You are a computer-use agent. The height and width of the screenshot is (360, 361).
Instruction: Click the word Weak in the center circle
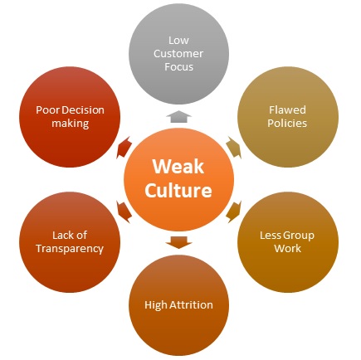[178, 167]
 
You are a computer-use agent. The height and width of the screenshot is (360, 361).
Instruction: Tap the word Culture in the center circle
[178, 190]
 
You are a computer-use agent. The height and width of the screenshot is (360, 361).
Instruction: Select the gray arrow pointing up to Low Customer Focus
[178, 116]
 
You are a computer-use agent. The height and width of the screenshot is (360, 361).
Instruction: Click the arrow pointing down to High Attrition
[178, 242]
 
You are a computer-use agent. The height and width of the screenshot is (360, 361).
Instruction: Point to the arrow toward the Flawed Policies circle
[233, 147]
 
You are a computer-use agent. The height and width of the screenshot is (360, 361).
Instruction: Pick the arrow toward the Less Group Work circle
[233, 212]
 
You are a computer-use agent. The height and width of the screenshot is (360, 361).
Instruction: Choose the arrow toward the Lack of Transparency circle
[124, 212]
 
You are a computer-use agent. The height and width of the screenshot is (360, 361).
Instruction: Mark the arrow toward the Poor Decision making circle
[124, 148]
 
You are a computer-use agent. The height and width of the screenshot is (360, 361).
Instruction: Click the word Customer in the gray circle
[178, 54]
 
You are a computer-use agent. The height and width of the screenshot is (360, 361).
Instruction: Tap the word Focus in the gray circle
[178, 67]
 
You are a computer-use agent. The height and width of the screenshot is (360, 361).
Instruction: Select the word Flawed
[287, 110]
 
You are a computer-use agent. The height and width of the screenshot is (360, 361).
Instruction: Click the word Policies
[287, 124]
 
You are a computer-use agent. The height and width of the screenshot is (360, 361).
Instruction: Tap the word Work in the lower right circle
[288, 248]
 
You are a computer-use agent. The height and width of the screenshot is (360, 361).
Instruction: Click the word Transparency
[70, 249]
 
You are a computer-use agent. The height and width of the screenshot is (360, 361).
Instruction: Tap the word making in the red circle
[71, 124]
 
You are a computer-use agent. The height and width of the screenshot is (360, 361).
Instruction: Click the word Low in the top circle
[178, 41]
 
